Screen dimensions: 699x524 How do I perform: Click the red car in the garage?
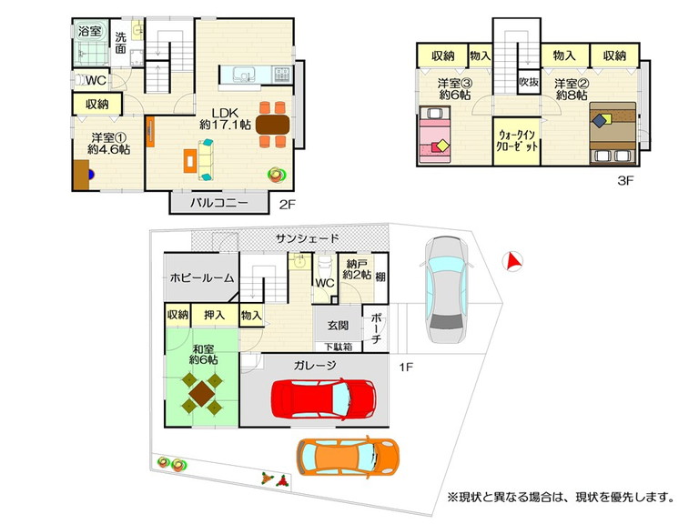(324, 398)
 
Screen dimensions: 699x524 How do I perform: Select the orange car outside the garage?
(349, 458)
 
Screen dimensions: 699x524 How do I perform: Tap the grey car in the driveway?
(446, 289)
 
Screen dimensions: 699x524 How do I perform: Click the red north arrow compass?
(512, 262)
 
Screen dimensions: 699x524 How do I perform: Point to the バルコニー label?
(218, 203)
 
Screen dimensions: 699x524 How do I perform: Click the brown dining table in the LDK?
(273, 125)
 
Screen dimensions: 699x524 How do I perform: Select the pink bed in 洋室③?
(434, 135)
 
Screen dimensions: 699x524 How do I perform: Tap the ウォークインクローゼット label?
(518, 140)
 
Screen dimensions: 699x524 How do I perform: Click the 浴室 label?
(89, 31)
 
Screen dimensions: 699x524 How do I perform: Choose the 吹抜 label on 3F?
(529, 82)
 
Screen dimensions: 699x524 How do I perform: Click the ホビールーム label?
(202, 278)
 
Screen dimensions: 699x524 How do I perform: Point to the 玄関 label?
(338, 326)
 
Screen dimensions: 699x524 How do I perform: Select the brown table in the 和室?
(201, 393)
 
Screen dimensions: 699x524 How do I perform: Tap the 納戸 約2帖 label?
(357, 269)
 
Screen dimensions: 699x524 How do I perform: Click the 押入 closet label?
(215, 315)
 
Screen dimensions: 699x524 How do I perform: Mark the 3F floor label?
(625, 180)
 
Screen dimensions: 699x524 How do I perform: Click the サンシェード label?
(307, 238)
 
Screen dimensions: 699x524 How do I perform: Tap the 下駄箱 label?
(338, 347)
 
